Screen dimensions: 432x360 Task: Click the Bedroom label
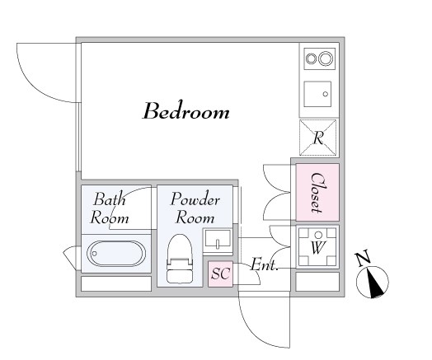[185, 111]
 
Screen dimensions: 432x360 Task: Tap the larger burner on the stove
[326, 58]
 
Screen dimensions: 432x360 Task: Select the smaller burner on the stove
[312, 58]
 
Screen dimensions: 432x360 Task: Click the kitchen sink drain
[326, 94]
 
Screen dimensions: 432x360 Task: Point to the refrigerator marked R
[318, 138]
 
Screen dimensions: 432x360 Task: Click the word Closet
[317, 193]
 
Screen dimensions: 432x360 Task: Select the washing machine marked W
[317, 247]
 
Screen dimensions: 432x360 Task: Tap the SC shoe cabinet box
[220, 274]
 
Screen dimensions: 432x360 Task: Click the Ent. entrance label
[264, 264]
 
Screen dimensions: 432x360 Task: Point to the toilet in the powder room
[180, 258]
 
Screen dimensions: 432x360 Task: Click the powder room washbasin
[218, 239]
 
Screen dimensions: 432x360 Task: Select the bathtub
[116, 254]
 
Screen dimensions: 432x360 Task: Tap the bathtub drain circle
[94, 254]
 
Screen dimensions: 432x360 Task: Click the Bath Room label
[110, 208]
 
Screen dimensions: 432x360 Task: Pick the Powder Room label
[195, 208]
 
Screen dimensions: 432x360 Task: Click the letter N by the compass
[363, 258]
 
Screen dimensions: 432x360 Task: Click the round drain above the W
[318, 235]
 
